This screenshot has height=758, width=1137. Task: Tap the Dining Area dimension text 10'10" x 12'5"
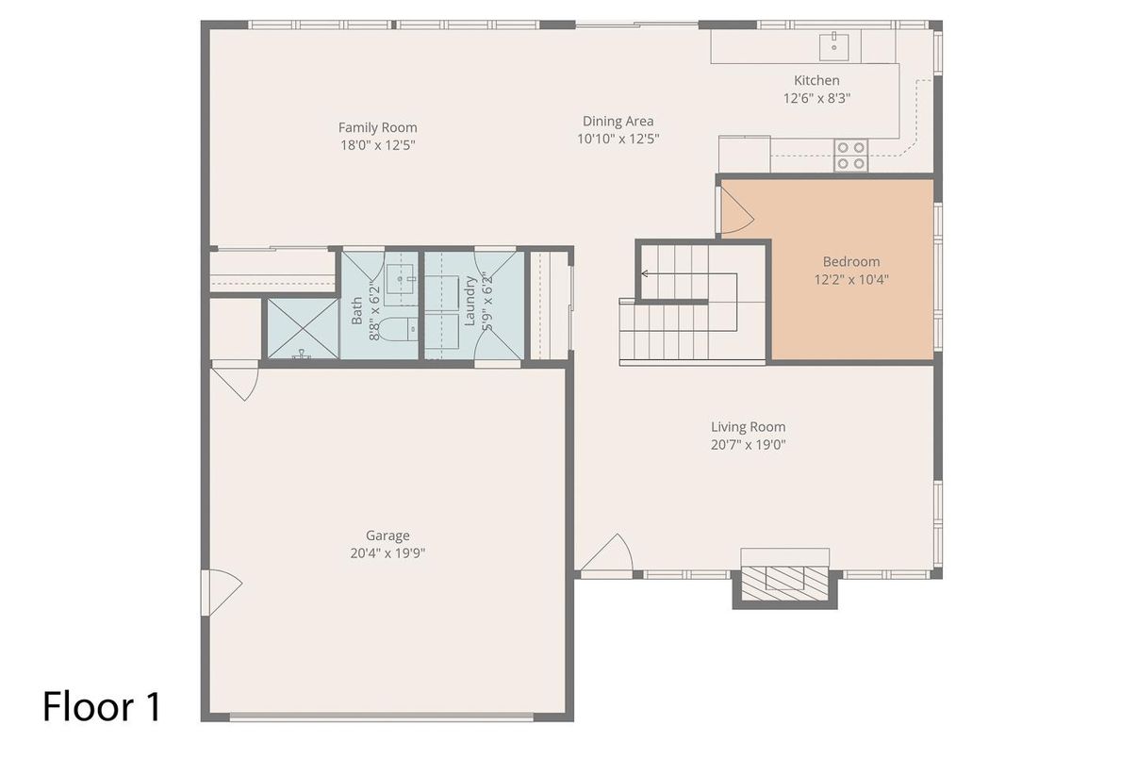tap(618, 140)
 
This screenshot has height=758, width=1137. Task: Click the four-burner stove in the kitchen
tap(850, 156)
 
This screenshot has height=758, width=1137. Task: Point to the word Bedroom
tap(851, 262)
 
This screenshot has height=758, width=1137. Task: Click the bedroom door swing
tap(736, 211)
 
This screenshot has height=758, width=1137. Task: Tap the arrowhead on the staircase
tap(644, 274)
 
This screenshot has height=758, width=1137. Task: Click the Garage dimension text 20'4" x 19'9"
tap(387, 553)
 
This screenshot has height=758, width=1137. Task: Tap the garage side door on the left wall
tap(222, 592)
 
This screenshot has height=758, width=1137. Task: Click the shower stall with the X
tap(303, 328)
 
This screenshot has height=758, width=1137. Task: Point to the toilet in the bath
tap(399, 329)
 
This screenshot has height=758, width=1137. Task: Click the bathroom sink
tap(401, 279)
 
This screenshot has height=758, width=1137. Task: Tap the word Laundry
tap(470, 301)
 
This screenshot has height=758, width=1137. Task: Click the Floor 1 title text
tap(102, 706)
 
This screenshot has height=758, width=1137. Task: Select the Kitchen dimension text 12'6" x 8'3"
tap(816, 98)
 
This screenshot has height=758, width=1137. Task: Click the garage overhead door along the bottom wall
tap(382, 717)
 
